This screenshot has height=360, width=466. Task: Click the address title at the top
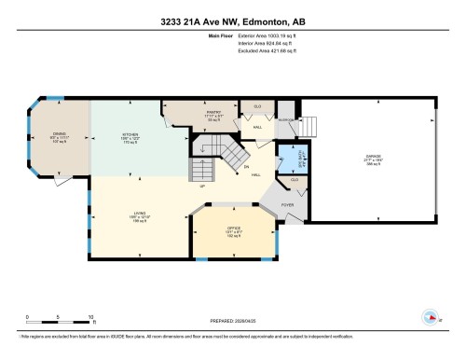click(x=232, y=10)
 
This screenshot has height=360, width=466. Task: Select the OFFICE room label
click(x=235, y=228)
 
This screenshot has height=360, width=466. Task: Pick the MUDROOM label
click(x=287, y=119)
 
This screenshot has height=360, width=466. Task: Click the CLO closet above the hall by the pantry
click(x=257, y=106)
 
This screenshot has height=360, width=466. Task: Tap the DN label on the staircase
click(x=247, y=168)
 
